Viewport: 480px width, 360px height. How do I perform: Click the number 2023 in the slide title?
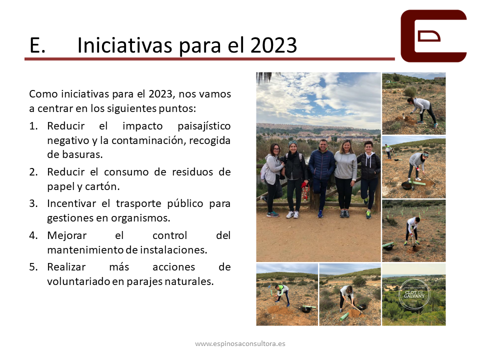pyautogui.click(x=273, y=45)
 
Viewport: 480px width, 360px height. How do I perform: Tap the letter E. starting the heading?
pyautogui.click(x=37, y=45)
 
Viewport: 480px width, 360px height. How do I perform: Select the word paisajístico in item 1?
pyautogui.click(x=204, y=126)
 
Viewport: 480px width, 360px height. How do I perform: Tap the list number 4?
pyautogui.click(x=33, y=235)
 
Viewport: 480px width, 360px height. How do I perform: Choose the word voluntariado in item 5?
pyautogui.click(x=78, y=281)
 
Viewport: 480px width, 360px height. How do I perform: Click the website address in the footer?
pyautogui.click(x=240, y=344)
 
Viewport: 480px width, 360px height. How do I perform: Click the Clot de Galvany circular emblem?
pyautogui.click(x=414, y=294)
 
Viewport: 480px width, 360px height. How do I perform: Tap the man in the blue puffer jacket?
pyautogui.click(x=321, y=177)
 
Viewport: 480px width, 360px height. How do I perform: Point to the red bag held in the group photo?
pyautogui.click(x=305, y=191)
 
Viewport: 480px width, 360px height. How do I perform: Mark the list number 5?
pyautogui.click(x=33, y=267)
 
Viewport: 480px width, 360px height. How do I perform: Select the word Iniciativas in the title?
pyautogui.click(x=124, y=45)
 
